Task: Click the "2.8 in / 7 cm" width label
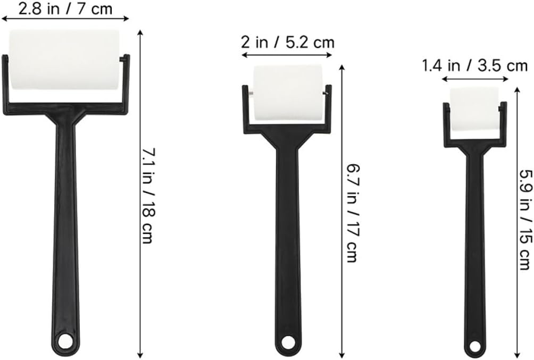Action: [65, 9]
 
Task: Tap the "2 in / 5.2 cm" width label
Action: [288, 42]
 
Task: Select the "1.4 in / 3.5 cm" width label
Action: [475, 65]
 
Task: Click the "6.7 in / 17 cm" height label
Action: [353, 214]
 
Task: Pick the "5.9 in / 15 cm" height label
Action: [525, 220]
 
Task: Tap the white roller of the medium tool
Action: [288, 93]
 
